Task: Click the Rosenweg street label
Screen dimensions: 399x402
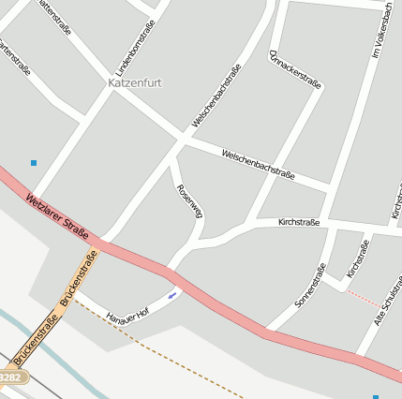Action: point(189,202)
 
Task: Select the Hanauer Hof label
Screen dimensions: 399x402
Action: point(128,316)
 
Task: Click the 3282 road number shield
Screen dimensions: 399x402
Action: point(9,377)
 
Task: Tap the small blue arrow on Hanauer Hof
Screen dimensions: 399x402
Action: point(172,296)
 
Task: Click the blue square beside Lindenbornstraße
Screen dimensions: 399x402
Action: point(34,163)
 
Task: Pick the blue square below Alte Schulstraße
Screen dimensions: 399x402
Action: point(376,396)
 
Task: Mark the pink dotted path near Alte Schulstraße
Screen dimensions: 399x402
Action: point(364,299)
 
